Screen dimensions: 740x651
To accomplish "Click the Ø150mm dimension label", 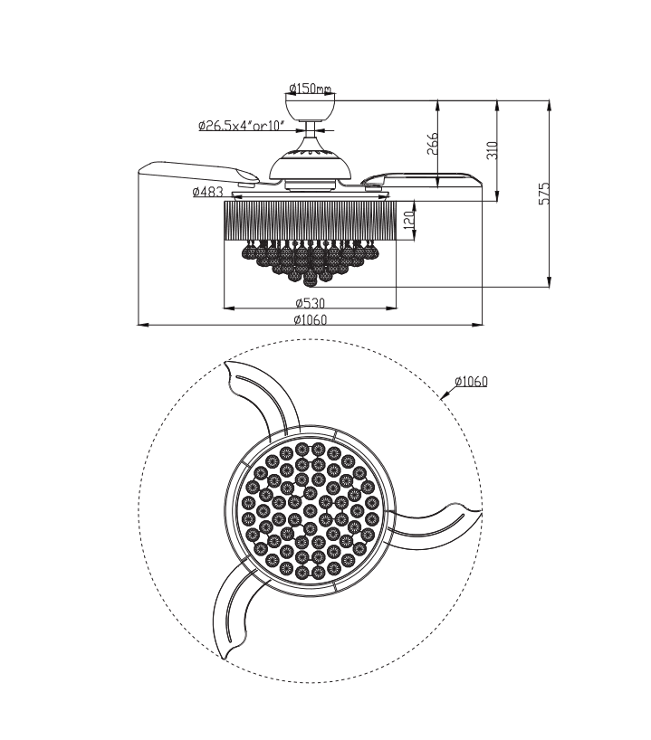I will (311, 89).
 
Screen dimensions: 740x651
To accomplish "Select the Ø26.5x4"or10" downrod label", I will (241, 127).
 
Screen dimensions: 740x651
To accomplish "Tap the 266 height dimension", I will (433, 144).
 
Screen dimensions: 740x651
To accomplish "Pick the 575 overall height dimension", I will (544, 194).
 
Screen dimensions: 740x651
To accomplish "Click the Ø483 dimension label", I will (207, 192).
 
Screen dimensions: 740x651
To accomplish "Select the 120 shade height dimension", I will (408, 219).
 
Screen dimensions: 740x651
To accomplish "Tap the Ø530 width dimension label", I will (310, 302).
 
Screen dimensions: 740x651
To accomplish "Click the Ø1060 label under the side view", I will (310, 318).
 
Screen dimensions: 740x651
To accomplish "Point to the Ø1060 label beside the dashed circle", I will (471, 381).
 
